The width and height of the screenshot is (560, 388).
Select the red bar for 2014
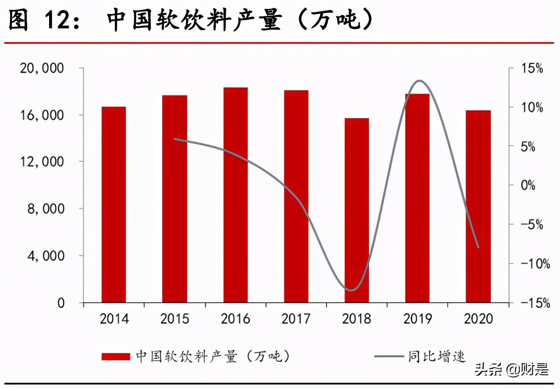pos(113,205)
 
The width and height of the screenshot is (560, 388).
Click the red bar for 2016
pos(235,195)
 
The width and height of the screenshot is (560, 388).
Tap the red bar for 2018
pos(357,210)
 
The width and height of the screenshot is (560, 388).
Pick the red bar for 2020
pos(478,206)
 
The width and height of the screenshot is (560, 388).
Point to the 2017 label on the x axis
pos(296,318)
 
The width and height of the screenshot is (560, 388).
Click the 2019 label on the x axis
pos(417,318)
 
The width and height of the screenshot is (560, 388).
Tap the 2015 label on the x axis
pos(174,318)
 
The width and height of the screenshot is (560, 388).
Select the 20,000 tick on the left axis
pos(42,68)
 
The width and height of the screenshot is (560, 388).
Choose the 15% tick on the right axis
pos(532,69)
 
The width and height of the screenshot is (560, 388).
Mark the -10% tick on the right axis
pos(532,264)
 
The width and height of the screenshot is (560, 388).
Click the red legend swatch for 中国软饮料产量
pos(116,356)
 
